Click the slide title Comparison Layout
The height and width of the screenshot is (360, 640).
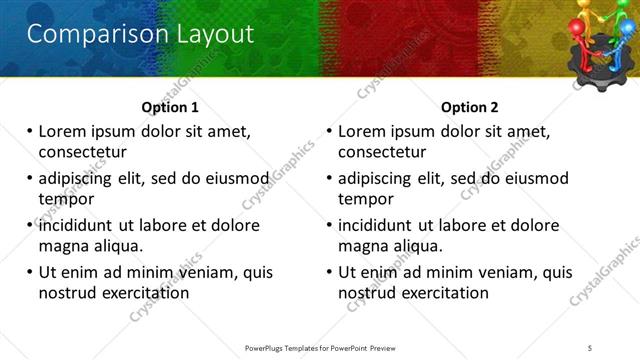click(x=139, y=34)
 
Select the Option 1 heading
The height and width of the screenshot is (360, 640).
click(x=170, y=108)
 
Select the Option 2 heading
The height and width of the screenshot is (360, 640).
click(x=470, y=108)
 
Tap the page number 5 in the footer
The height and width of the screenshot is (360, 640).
click(x=591, y=347)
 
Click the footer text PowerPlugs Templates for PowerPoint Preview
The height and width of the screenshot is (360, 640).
click(x=319, y=347)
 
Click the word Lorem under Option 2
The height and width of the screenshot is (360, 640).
click(x=363, y=131)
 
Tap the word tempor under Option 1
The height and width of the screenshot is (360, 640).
click(x=64, y=199)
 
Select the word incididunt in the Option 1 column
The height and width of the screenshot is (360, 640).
click(x=78, y=225)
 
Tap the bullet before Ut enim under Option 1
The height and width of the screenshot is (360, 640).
click(x=29, y=272)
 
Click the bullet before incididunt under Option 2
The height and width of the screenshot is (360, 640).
click(x=329, y=225)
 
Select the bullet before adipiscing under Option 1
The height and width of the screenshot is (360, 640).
click(x=29, y=179)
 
